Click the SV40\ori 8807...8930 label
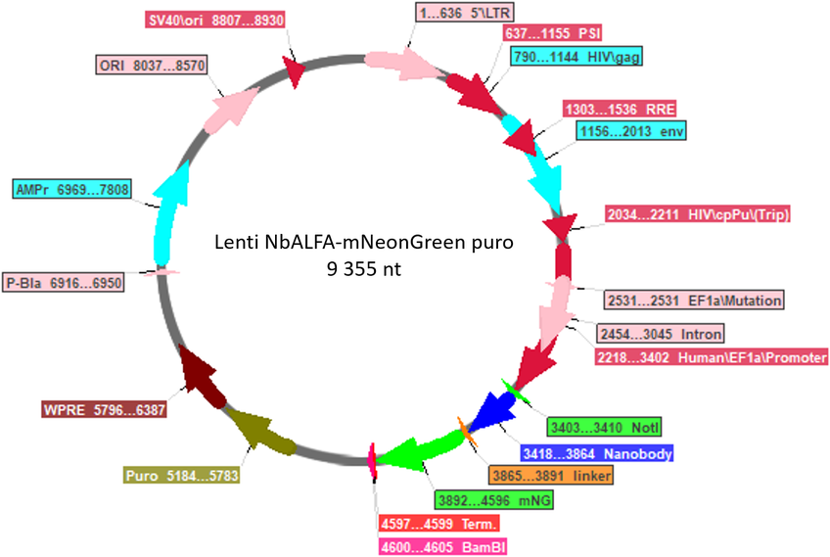[x=216, y=21]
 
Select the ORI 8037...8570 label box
[x=152, y=66]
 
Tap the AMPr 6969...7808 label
[x=72, y=189]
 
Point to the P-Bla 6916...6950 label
[x=64, y=283]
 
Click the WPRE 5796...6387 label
[x=105, y=409]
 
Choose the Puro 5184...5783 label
[x=182, y=476]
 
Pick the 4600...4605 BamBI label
[x=443, y=546]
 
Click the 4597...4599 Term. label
[x=439, y=524]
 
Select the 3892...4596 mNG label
[x=494, y=500]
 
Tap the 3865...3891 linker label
[x=551, y=476]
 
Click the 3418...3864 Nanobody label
[x=597, y=454]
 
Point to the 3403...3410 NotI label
[x=604, y=427]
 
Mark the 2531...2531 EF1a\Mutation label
[x=694, y=301]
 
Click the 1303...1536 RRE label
[x=620, y=109]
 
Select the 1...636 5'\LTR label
[x=465, y=13]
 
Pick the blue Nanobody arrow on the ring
[x=490, y=412]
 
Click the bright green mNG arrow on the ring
[x=421, y=451]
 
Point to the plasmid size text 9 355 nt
[x=364, y=269]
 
